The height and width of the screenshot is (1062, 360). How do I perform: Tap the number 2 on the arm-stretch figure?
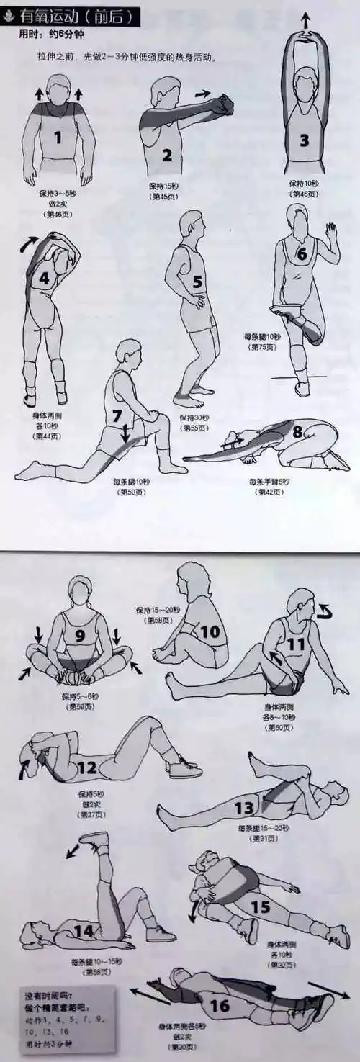pyautogui.click(x=166, y=155)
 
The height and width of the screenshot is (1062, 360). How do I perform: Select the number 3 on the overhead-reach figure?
pyautogui.click(x=304, y=140)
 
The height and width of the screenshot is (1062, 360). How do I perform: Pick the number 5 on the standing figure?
pyautogui.click(x=197, y=282)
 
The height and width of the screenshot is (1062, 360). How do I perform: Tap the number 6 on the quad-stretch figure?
pyautogui.click(x=302, y=253)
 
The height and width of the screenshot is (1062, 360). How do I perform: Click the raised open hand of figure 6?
pyautogui.click(x=330, y=233)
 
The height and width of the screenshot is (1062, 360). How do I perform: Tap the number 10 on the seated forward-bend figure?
pyautogui.click(x=209, y=632)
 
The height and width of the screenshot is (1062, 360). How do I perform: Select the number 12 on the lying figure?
pyautogui.click(x=87, y=768)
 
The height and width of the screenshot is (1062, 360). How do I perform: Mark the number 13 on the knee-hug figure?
pyautogui.click(x=244, y=808)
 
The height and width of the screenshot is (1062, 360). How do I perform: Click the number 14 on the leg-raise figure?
pyautogui.click(x=84, y=931)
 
